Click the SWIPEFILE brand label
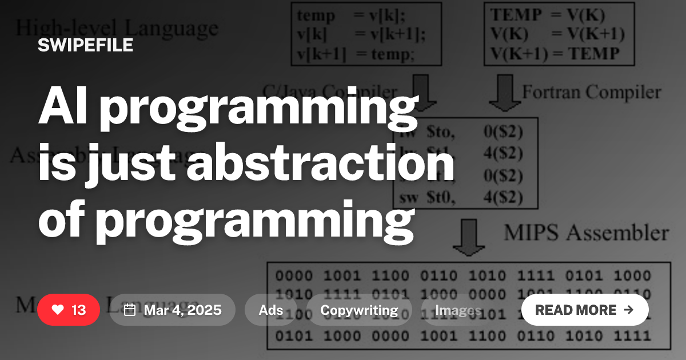85,45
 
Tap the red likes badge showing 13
69,310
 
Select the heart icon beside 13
58,310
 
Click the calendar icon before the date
130,310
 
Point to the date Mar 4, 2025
182,310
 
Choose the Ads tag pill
271,310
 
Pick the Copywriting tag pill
359,310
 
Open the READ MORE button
584,310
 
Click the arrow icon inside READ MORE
629,310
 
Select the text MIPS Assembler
586,233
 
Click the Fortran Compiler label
591,92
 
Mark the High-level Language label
117,27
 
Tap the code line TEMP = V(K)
547,15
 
